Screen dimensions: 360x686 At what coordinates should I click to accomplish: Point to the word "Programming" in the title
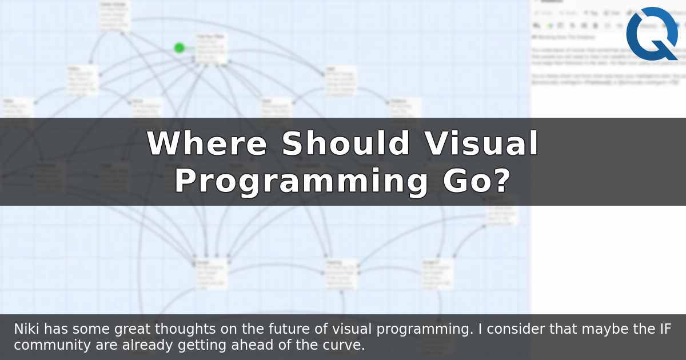[301, 182]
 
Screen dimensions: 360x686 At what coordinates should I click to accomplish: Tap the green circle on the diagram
[180, 48]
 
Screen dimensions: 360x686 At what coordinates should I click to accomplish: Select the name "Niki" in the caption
[27, 330]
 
